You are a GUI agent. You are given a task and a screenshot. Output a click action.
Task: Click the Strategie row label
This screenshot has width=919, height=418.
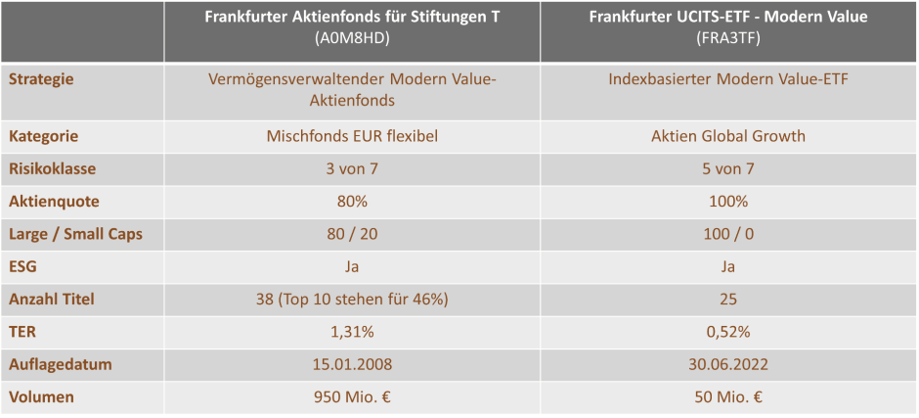point(41,78)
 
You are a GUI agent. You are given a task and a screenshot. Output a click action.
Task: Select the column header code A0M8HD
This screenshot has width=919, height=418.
point(352,37)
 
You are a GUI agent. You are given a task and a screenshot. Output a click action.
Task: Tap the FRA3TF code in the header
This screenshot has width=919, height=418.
point(728,37)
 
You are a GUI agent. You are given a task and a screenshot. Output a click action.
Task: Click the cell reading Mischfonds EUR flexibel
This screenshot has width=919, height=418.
point(352,136)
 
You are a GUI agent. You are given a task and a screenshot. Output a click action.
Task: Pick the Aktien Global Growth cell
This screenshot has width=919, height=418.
point(728,136)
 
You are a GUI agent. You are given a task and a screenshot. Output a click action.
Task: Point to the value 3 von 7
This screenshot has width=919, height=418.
point(352,168)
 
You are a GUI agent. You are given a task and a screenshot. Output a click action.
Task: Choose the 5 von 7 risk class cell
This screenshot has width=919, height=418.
point(728,168)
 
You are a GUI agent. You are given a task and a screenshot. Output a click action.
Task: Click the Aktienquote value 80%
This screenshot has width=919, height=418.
point(352,202)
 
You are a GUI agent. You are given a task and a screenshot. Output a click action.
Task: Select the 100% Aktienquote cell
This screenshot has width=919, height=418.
point(728,202)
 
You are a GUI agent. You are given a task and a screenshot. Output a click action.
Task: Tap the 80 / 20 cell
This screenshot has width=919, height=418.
point(352,234)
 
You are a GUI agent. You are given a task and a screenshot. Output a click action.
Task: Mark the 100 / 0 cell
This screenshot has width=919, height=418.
point(728,234)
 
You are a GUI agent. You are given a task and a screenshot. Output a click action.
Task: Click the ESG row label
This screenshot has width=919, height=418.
point(22,266)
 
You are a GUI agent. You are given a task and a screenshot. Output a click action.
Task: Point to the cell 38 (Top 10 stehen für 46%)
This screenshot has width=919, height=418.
point(352,299)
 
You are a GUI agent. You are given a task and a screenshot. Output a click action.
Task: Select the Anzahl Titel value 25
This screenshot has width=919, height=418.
point(728,299)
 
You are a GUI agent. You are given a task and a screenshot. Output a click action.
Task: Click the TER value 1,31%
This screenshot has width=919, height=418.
point(352,332)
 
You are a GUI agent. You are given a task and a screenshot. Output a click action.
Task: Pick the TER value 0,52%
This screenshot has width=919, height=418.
point(728,332)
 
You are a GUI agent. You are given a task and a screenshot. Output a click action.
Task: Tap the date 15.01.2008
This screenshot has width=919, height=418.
point(352,364)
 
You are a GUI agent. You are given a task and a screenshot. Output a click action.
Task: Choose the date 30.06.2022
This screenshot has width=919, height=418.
point(728,364)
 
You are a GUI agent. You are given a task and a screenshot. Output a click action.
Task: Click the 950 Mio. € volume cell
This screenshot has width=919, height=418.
point(352,397)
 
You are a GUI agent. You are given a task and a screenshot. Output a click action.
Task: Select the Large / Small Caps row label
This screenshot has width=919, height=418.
point(75,234)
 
